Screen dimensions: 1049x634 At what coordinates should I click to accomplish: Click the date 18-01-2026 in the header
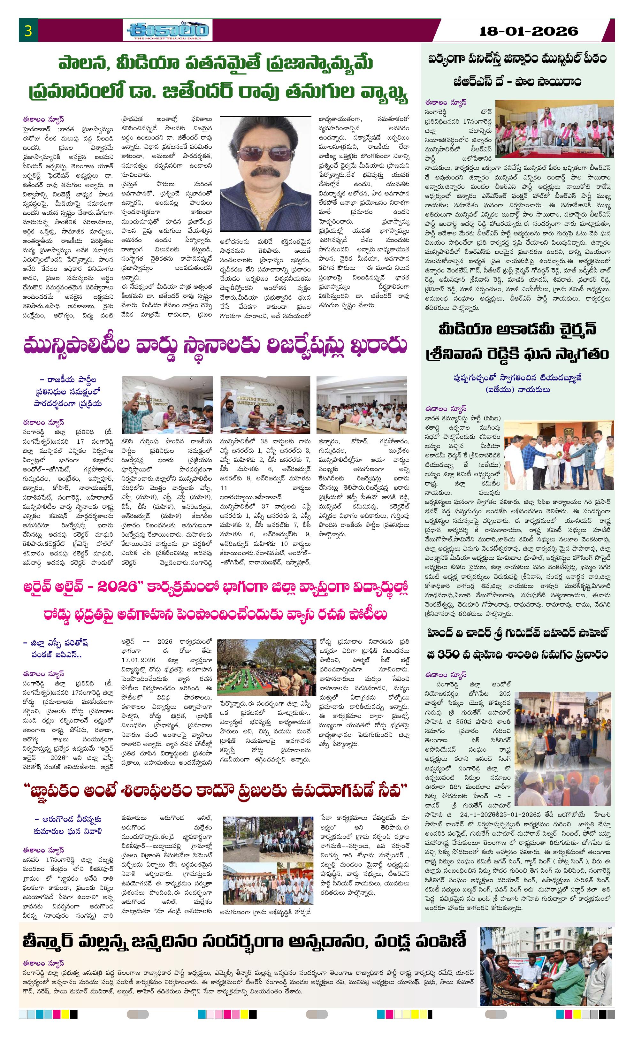528,31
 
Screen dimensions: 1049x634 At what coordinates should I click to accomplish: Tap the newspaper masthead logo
167,31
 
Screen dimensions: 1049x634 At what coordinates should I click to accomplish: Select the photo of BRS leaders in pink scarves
554,129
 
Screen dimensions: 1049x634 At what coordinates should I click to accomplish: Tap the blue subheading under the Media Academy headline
517,383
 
